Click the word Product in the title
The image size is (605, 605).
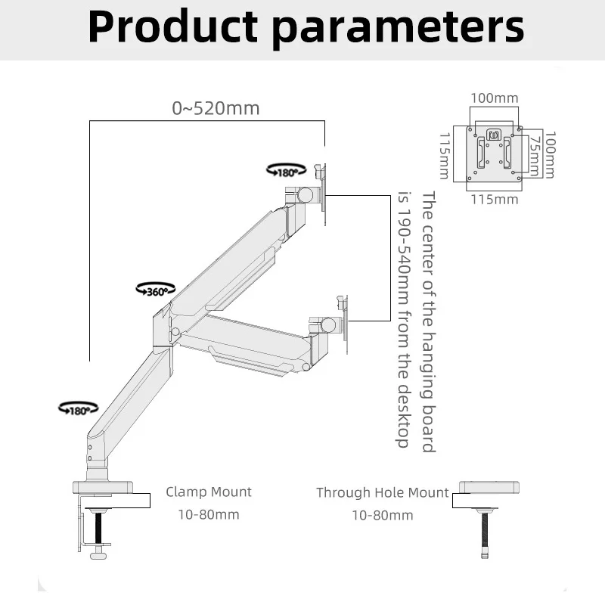[173, 26]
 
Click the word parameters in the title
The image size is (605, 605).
[399, 28]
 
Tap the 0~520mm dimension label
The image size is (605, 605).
[216, 108]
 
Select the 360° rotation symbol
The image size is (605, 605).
[156, 290]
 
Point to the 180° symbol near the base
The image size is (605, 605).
[79, 408]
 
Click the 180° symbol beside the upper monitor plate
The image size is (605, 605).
[287, 170]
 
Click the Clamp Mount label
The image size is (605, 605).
[209, 492]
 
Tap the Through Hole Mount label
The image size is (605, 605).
[383, 493]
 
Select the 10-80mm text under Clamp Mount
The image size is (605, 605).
[209, 515]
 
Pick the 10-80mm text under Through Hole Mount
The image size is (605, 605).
[383, 516]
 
